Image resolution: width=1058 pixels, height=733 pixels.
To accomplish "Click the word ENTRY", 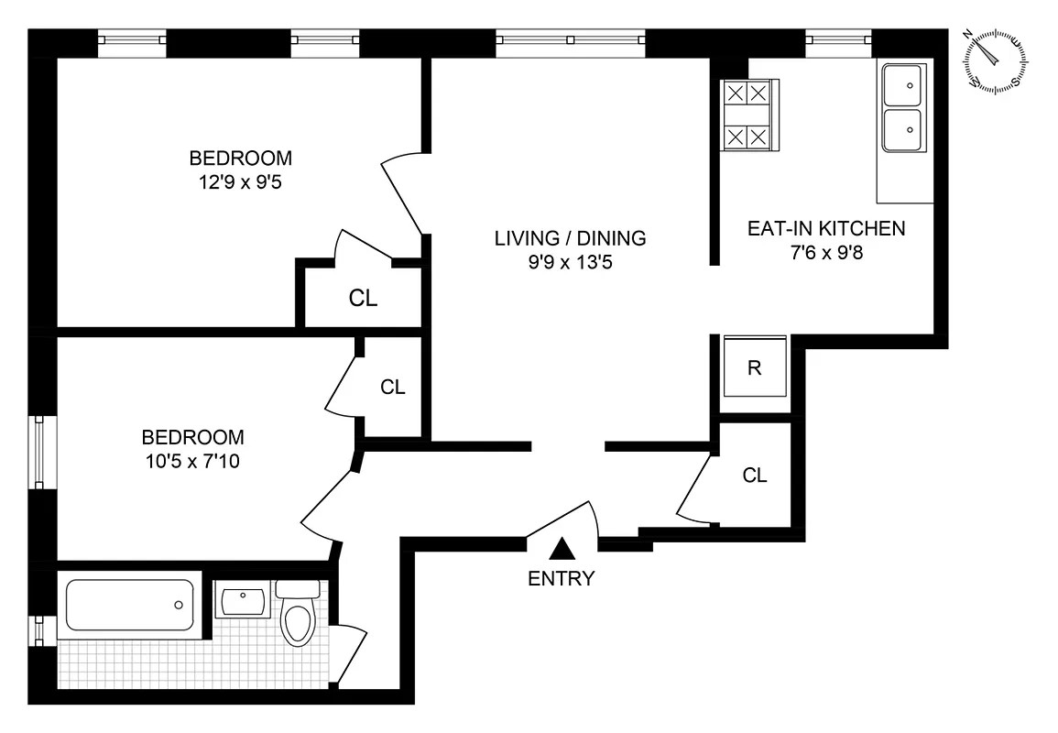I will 562,578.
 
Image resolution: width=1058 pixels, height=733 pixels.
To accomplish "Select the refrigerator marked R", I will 755,368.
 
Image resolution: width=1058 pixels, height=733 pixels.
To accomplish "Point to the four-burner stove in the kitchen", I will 747,115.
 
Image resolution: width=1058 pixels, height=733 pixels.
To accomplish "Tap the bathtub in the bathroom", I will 129,604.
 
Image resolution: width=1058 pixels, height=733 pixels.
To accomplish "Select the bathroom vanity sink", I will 244,600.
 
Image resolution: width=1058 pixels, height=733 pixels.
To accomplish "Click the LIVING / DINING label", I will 570,238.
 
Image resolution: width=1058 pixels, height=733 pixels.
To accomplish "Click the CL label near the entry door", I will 755,476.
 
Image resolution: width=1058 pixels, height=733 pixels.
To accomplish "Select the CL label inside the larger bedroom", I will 363,298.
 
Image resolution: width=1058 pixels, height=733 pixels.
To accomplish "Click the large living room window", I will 569,40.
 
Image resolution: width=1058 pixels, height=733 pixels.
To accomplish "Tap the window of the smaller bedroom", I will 39,453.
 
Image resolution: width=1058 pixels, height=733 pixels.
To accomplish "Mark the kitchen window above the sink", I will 837,40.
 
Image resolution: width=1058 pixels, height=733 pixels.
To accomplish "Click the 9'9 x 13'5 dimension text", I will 570,262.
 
